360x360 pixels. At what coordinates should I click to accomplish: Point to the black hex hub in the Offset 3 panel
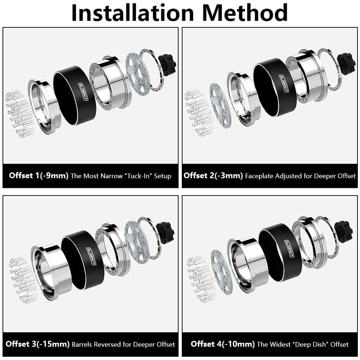click(165, 232)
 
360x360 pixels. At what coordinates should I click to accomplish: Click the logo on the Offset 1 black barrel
click(83, 91)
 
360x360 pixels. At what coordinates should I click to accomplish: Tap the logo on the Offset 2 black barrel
click(284, 84)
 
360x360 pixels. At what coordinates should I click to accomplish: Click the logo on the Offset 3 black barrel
click(91, 256)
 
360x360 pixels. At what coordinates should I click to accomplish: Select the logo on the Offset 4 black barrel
click(289, 248)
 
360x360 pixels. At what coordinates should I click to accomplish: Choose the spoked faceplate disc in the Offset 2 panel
click(221, 105)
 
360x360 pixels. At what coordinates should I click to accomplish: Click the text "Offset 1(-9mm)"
click(39, 176)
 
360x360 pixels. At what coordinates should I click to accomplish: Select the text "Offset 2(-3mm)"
click(213, 176)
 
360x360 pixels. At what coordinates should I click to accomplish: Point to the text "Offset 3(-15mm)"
click(37, 344)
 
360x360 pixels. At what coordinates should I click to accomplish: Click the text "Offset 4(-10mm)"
click(223, 344)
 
